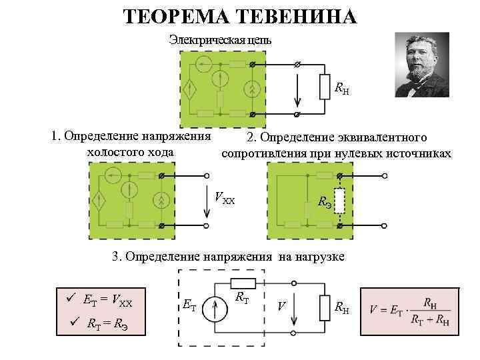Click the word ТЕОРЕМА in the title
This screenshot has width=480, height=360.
click(175, 15)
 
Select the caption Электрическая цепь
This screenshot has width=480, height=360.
click(220, 40)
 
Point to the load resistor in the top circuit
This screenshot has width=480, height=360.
click(325, 86)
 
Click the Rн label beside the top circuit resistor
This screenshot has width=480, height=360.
click(341, 88)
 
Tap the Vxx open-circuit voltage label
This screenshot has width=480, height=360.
click(225, 197)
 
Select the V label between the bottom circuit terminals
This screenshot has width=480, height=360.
click(282, 307)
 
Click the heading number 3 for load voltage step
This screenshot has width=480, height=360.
click(115, 255)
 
